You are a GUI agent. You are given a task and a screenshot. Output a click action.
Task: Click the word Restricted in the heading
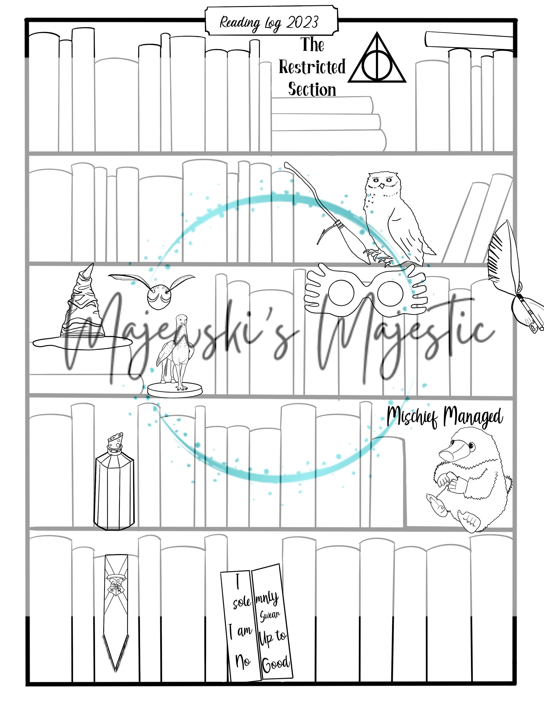point(312,67)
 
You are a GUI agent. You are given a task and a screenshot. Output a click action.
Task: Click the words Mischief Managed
point(445,417)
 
